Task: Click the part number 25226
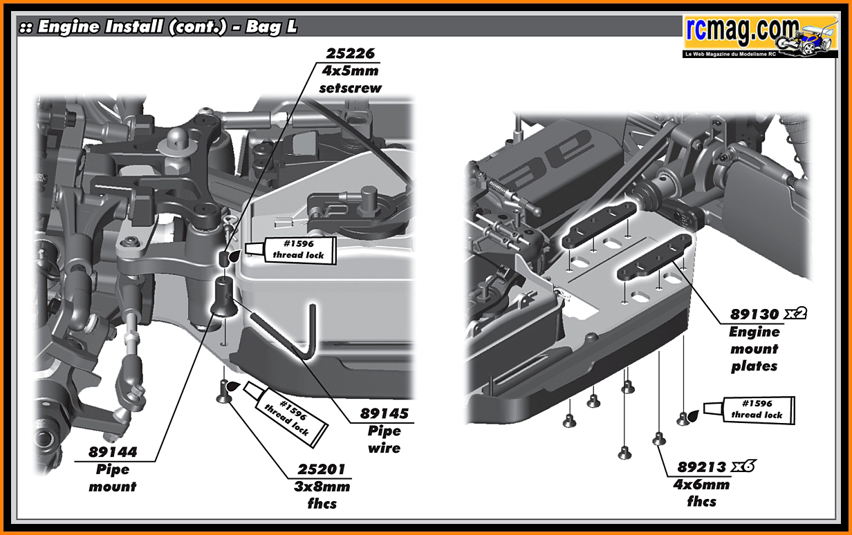[x=351, y=54]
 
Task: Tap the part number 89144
[x=113, y=452]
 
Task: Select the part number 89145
[x=385, y=414]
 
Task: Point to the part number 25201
[x=322, y=469]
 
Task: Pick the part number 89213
[x=702, y=467]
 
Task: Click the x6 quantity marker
[x=743, y=466]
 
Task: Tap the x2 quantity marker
[x=795, y=313]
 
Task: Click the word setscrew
[x=351, y=88]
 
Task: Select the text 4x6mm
[x=702, y=485]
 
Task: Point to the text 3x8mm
[x=322, y=487]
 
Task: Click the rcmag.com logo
[x=760, y=37]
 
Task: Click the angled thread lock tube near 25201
[x=285, y=415]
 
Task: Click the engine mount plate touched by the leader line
[x=654, y=259]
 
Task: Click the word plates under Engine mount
[x=754, y=366]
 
